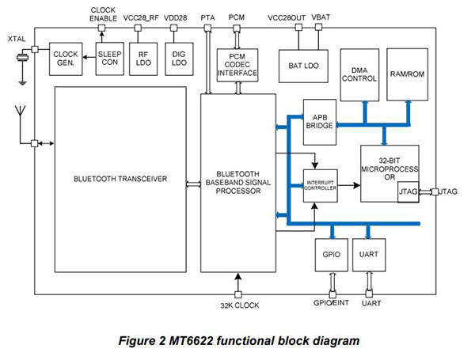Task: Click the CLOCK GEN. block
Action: coord(67,59)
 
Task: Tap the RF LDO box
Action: coord(144,59)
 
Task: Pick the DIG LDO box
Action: coord(178,59)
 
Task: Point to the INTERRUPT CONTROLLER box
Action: coord(321,186)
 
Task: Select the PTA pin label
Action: coord(208,16)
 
